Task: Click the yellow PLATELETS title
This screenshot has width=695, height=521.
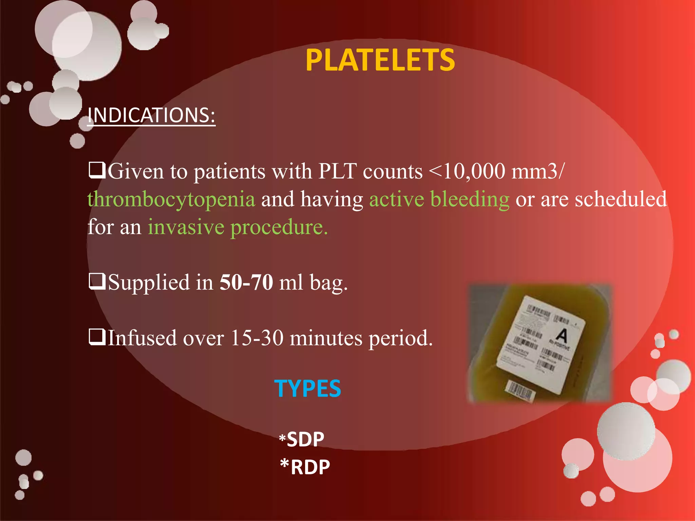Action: (x=380, y=60)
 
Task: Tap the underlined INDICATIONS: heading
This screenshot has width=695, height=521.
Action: (x=151, y=115)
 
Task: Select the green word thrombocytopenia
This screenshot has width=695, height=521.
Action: (x=171, y=199)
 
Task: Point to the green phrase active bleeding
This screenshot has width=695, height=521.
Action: (x=439, y=199)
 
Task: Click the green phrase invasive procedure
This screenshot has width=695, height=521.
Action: (x=238, y=227)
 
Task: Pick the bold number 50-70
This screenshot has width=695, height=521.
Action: (x=246, y=282)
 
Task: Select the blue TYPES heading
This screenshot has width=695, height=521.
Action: (x=307, y=388)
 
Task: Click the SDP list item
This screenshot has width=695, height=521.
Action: (x=305, y=440)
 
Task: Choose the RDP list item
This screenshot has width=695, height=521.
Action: (x=310, y=467)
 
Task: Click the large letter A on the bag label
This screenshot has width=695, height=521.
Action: (x=562, y=335)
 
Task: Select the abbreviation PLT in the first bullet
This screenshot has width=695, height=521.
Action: (x=337, y=171)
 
